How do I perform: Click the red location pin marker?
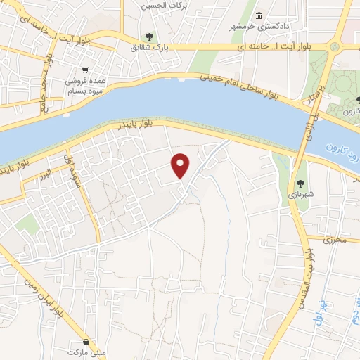click(181, 165)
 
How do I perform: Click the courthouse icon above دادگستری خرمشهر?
click(259, 16)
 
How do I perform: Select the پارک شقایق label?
click(148, 49)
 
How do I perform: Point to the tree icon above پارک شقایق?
click(148, 37)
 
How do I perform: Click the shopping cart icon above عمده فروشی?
click(85, 70)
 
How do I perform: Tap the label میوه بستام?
click(84, 91)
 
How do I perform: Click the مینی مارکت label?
click(86, 349)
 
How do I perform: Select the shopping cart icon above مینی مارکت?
click(86, 339)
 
